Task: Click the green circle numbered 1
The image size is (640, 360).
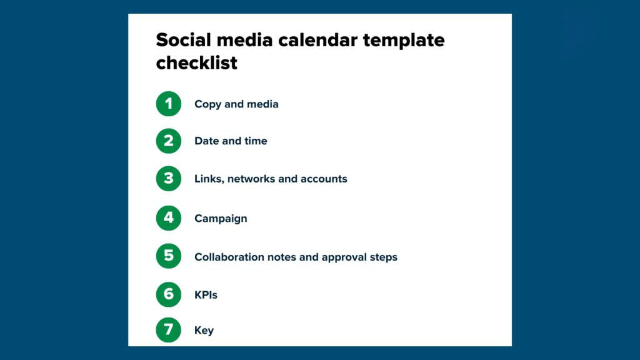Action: [x=168, y=104]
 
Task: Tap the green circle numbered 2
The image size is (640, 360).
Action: [x=168, y=141]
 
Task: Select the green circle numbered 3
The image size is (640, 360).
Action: [x=168, y=179]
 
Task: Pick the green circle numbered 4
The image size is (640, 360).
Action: [x=168, y=218]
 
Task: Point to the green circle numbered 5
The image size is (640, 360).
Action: [x=168, y=256]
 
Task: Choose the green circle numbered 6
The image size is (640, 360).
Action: [x=168, y=294]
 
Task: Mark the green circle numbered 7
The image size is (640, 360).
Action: [x=168, y=330]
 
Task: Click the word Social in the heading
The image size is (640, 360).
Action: [x=182, y=40]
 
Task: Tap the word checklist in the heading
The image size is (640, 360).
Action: [x=196, y=63]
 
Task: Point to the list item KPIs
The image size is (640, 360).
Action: [x=206, y=294]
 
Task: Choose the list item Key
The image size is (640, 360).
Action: [x=204, y=331]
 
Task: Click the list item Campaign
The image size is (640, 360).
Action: [x=221, y=219]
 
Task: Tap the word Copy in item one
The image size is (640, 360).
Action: [x=207, y=104]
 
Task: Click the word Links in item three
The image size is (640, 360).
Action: [x=208, y=179]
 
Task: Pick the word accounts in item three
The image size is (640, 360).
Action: [x=324, y=179]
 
